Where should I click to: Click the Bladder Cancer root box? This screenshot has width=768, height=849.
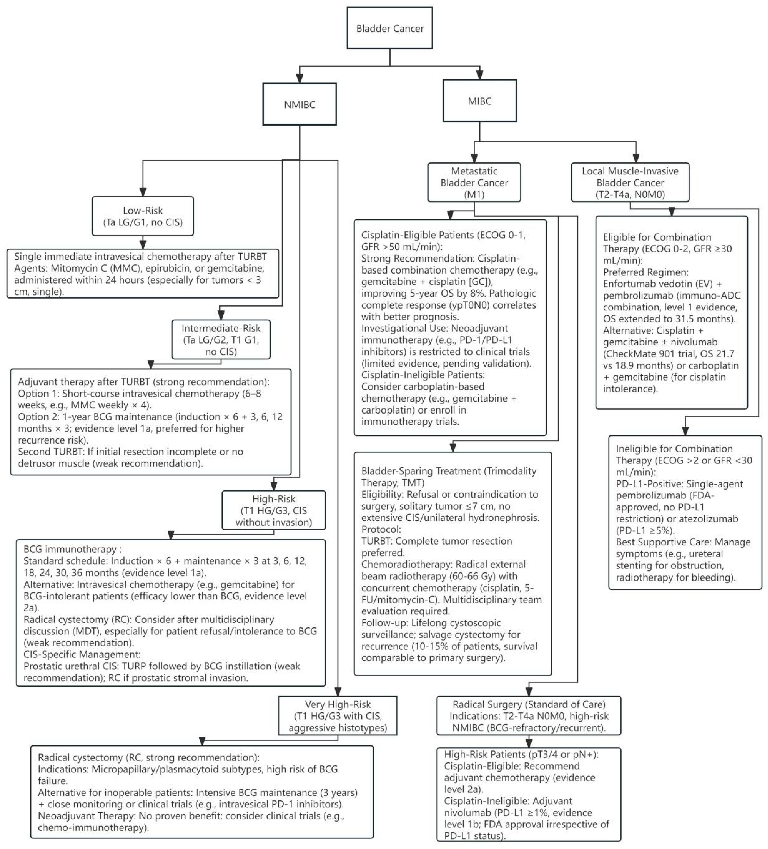point(389,28)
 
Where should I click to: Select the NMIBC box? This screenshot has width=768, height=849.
point(299,104)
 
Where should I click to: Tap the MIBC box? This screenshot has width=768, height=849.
point(479,101)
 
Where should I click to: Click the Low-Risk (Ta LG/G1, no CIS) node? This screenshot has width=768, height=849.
point(143,216)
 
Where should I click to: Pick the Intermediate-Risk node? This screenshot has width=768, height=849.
point(221,340)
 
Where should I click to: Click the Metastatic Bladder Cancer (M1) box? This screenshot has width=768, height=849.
point(474,182)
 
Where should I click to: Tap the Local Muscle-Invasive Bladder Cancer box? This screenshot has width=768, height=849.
point(630,182)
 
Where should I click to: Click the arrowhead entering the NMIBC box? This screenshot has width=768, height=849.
point(299,79)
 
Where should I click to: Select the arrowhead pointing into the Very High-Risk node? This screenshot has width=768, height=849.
point(338,691)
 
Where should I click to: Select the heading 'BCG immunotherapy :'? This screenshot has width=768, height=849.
point(72,549)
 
